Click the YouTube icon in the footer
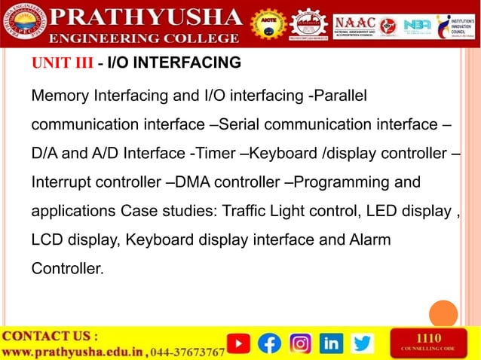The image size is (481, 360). coord(238,343)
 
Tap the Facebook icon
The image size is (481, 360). coord(269,343)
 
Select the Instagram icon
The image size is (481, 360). coord(300,343)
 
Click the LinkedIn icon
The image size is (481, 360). coord(331,343)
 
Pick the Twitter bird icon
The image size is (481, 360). coord(363,343)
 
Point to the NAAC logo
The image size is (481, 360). coord(354,24)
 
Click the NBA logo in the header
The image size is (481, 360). coord(416,25)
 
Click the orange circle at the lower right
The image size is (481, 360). coord(443,314)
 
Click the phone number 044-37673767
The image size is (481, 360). coord(188,352)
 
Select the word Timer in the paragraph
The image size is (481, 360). coord(213,153)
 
